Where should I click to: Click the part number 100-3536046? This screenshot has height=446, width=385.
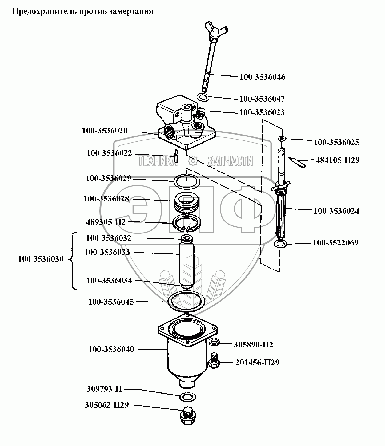pyautogui.click(x=262, y=77)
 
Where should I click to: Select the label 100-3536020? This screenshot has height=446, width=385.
pyautogui.click(x=105, y=131)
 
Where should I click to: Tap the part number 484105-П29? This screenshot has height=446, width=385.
pyautogui.click(x=337, y=160)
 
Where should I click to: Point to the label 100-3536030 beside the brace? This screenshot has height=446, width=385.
pyautogui.click(x=41, y=259)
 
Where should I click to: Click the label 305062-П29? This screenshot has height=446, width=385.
pyautogui.click(x=106, y=405)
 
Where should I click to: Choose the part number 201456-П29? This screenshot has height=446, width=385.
pyautogui.click(x=257, y=363)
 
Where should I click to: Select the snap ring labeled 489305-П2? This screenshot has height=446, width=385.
pyautogui.click(x=187, y=222)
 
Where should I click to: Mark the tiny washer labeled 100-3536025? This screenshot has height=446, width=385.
pyautogui.click(x=282, y=139)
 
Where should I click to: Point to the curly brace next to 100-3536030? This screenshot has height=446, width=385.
pyautogui.click(x=73, y=261)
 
